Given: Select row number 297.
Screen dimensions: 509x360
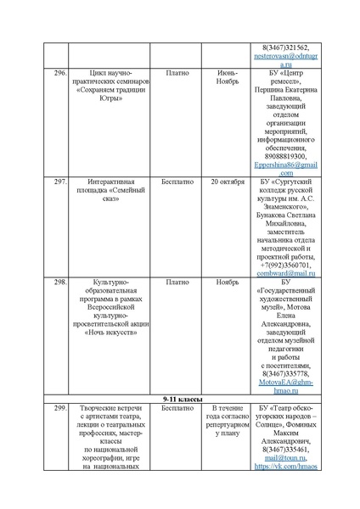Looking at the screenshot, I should pyautogui.click(x=59, y=182).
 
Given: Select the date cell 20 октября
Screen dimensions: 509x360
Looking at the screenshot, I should pyautogui.click(x=227, y=182).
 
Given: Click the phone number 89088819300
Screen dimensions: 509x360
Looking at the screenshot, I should pyautogui.click(x=285, y=156).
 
